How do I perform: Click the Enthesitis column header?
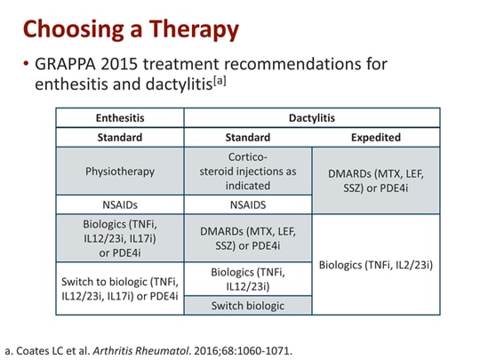(120, 117)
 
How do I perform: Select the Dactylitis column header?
(311, 117)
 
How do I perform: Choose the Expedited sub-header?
(376, 138)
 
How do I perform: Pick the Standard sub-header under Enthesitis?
(120, 138)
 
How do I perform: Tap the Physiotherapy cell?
(120, 172)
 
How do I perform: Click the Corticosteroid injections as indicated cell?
(248, 172)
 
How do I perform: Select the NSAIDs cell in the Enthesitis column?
(120, 204)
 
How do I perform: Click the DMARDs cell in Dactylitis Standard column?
(248, 237)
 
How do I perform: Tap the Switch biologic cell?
(248, 306)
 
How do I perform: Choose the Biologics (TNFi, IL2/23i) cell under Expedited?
(376, 265)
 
